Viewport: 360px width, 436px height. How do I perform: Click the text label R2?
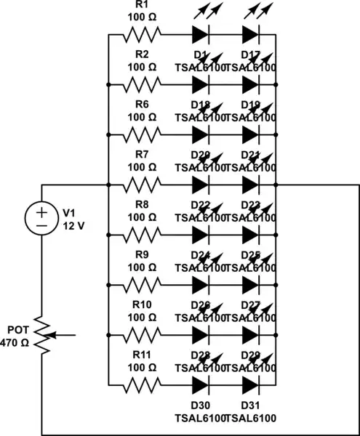click(143, 54)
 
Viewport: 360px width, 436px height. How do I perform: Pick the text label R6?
click(143, 105)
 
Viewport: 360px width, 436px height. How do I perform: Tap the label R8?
click(143, 205)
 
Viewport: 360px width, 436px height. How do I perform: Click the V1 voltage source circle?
click(42, 218)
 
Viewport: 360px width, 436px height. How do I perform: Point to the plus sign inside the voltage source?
click(42, 211)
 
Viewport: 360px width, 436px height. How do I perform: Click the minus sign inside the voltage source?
click(42, 226)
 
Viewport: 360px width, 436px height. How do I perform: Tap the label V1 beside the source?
click(69, 212)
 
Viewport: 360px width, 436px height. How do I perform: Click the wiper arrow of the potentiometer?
click(63, 336)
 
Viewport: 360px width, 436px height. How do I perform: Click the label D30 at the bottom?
click(201, 405)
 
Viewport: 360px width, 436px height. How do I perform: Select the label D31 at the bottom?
click(251, 405)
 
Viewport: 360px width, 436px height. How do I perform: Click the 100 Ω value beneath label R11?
click(143, 367)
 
